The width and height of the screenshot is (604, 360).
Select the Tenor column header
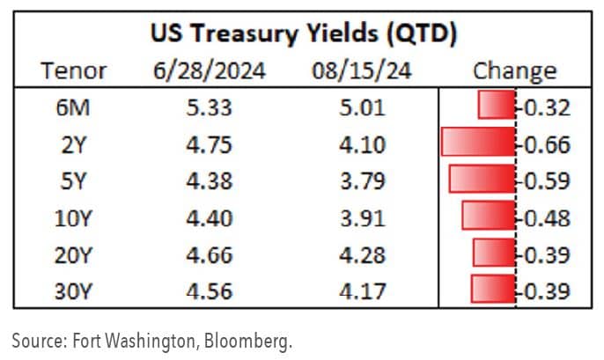(75, 70)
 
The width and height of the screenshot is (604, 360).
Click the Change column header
(514, 70)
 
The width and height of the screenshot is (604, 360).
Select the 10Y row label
(75, 217)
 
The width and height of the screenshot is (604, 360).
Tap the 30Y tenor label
(75, 290)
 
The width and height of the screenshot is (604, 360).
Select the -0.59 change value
(543, 180)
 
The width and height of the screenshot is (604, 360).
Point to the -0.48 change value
(543, 217)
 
